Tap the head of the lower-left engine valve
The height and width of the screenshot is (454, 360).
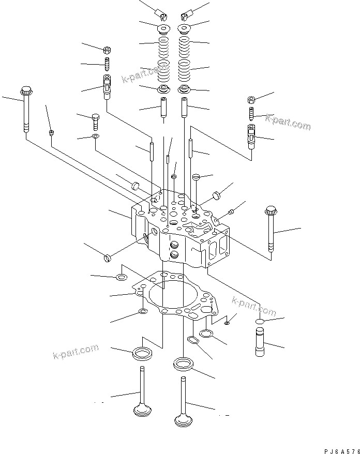142,411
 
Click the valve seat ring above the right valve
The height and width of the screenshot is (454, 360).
183,364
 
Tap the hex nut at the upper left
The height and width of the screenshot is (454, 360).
107,50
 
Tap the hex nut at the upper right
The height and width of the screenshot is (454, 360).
250,99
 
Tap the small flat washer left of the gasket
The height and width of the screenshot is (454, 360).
121,277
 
